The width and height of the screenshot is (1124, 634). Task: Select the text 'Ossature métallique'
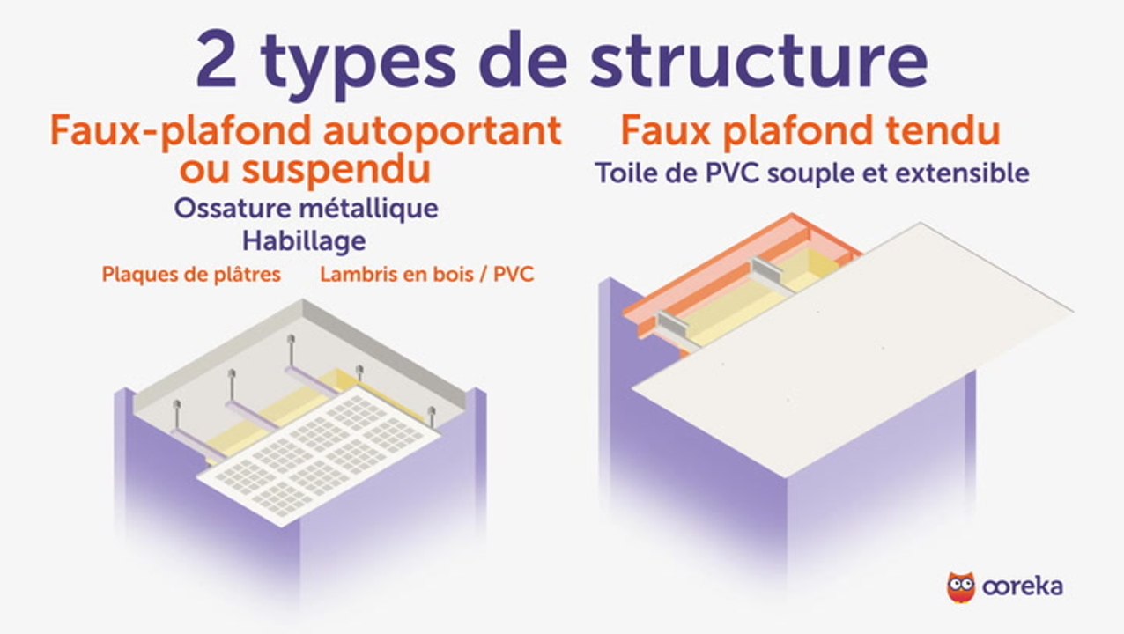(x=306, y=209)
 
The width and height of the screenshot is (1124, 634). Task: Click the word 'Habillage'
(x=305, y=240)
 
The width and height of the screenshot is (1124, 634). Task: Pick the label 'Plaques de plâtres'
(x=191, y=274)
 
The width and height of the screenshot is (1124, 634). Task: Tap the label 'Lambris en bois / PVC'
(x=426, y=274)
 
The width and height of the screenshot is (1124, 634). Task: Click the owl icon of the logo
(x=960, y=586)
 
